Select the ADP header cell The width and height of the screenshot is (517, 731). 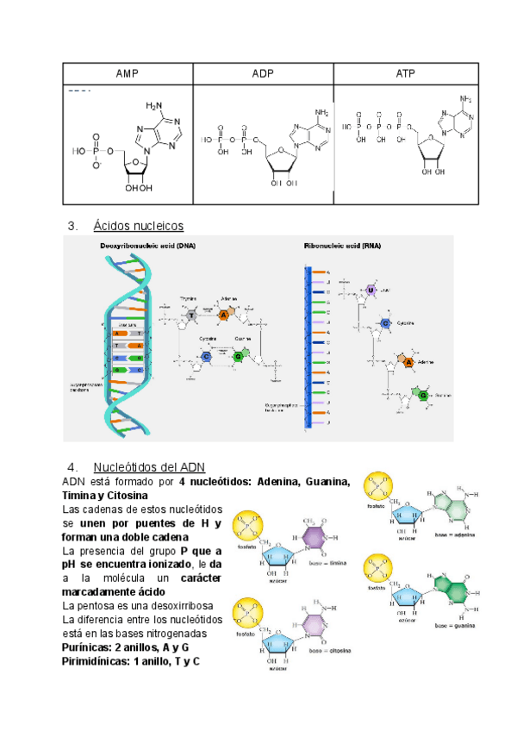(263, 74)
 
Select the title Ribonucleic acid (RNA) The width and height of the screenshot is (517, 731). (342, 246)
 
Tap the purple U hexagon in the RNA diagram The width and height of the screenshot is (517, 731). (371, 291)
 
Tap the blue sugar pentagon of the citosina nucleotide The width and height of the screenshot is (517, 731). (279, 641)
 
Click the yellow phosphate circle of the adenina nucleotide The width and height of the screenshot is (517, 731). (381, 487)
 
